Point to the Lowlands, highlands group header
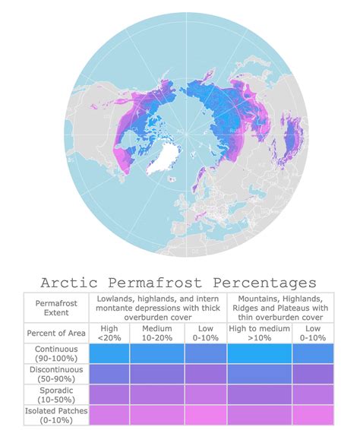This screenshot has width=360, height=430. pos(157,307)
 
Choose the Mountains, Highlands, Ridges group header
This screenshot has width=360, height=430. pos(281,307)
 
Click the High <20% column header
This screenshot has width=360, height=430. pos(109,334)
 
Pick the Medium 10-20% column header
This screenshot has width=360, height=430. pos(157,334)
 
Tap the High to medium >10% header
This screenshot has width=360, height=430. pos(259,334)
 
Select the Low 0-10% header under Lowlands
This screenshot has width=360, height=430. pos(205,334)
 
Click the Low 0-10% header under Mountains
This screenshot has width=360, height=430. pos(313,334)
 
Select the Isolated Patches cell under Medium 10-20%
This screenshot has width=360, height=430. pos(157,415)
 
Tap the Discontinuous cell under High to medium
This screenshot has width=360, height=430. pos(259,375)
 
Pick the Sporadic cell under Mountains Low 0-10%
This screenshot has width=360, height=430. pos(313,395)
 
